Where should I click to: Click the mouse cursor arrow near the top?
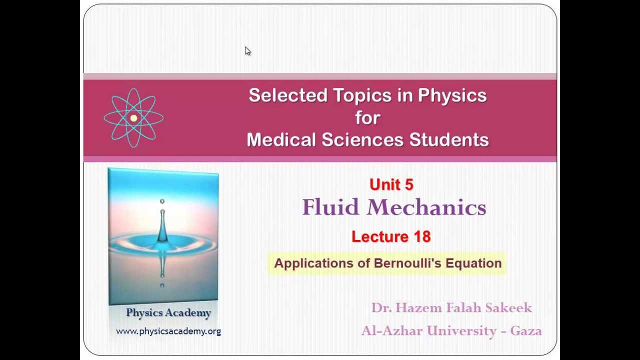click(247, 51)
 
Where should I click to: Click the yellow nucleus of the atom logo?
click(133, 118)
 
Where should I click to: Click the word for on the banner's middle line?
click(367, 117)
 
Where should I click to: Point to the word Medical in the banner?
click(281, 140)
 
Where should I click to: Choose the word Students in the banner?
click(448, 140)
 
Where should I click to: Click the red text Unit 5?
click(391, 184)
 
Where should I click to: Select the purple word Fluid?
click(330, 207)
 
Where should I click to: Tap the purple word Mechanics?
click(426, 207)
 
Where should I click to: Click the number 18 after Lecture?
click(422, 236)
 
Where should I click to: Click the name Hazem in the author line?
click(415, 308)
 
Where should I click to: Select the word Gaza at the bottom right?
click(525, 330)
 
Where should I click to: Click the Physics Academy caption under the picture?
click(168, 313)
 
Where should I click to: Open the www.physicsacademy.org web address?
click(168, 331)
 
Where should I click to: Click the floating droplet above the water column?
click(162, 201)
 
